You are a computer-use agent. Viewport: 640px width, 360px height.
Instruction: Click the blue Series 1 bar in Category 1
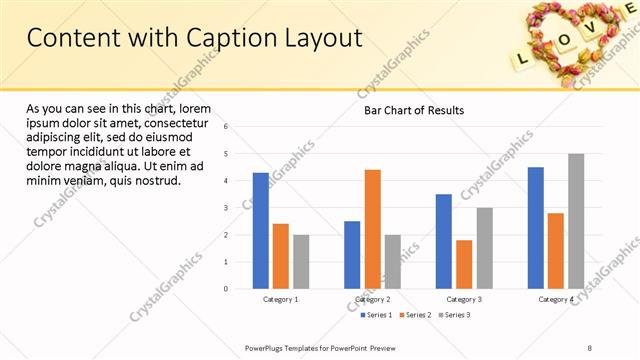click(x=260, y=231)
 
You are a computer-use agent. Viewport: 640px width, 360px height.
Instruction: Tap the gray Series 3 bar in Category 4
click(x=576, y=221)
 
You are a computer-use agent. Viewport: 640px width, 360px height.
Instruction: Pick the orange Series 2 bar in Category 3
click(x=464, y=264)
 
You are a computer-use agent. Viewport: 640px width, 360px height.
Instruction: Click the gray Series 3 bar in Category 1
click(x=301, y=262)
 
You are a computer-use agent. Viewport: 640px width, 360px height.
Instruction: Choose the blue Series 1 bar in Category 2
click(x=352, y=255)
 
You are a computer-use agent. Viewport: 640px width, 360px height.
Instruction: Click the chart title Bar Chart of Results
click(x=413, y=110)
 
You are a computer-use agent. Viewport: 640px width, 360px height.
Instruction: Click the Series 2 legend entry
click(x=416, y=315)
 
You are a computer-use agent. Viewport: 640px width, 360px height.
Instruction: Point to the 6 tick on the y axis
click(x=226, y=127)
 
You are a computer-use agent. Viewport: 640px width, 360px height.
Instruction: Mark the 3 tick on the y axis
click(x=226, y=208)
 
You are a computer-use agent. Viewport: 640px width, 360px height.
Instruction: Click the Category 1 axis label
click(x=280, y=299)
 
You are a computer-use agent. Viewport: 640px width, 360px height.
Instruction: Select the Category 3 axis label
click(x=464, y=299)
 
